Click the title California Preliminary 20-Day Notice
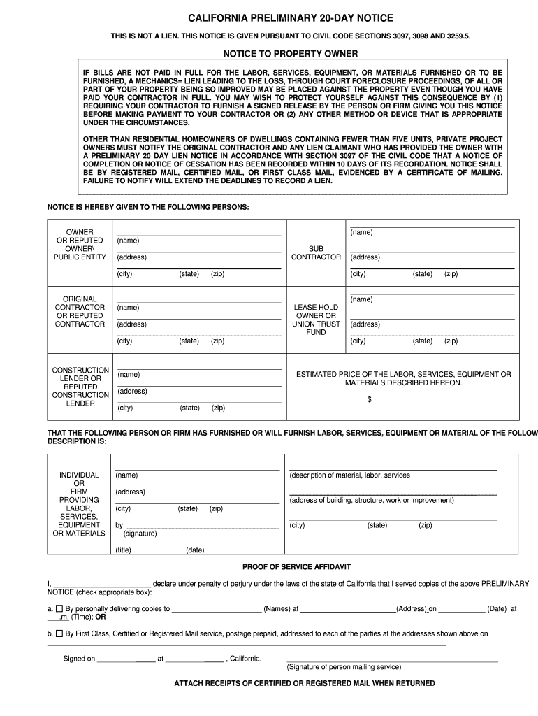coord(291,17)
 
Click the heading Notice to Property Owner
coord(291,54)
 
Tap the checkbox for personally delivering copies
coord(59,608)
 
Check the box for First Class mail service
coord(59,633)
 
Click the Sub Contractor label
coord(316,252)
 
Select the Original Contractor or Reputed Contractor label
coord(80,311)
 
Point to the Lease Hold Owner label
coord(316,320)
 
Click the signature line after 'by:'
coord(203,524)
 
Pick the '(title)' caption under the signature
coord(124,550)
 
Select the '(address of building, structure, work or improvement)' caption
coord(372,501)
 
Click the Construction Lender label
coord(80,387)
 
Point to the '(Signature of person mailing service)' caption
coord(344,667)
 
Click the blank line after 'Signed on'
coord(126,659)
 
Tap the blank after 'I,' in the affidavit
coord(101,584)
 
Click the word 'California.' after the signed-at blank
coord(245,659)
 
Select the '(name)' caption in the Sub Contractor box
coord(361,232)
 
